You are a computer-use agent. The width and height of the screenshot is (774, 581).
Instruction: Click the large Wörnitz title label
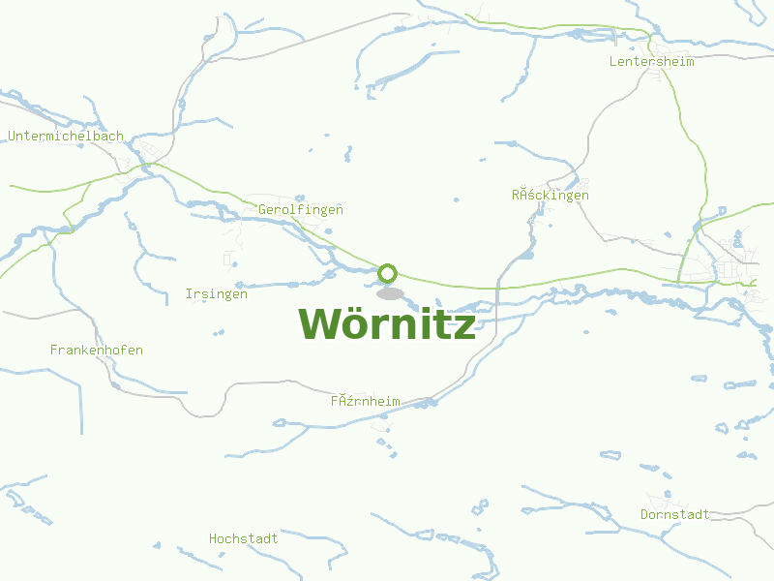coord(387,323)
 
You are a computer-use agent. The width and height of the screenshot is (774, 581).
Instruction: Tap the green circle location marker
coord(388,273)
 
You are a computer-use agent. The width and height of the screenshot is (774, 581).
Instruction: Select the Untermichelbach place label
coord(66,137)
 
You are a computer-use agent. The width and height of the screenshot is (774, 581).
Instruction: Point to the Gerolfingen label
coord(301,209)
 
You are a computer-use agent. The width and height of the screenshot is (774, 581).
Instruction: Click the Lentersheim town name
coord(653,61)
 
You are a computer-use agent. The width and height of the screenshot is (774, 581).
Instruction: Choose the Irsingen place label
coord(217,293)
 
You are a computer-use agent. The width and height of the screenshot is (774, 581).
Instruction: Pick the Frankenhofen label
coord(97,350)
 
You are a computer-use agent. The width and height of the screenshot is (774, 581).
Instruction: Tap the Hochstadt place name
coord(244,538)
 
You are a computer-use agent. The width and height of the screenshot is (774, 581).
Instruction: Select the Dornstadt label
coord(675,514)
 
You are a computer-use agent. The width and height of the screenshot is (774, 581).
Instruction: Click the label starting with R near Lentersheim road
coord(551,195)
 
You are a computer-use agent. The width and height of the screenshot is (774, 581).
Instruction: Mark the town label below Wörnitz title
coord(366,401)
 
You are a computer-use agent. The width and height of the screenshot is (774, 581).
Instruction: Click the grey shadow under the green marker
coord(390,293)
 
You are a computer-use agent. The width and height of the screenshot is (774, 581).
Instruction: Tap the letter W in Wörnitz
coord(318,323)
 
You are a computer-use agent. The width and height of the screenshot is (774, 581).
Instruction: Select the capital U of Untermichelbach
coord(12,137)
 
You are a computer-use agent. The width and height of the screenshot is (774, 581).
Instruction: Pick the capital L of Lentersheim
coord(613,61)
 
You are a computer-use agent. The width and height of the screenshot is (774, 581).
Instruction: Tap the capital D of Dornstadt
coord(644,514)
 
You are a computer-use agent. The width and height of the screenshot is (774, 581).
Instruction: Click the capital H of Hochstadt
coord(213,538)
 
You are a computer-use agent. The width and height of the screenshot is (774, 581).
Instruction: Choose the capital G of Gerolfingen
coord(262,209)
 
